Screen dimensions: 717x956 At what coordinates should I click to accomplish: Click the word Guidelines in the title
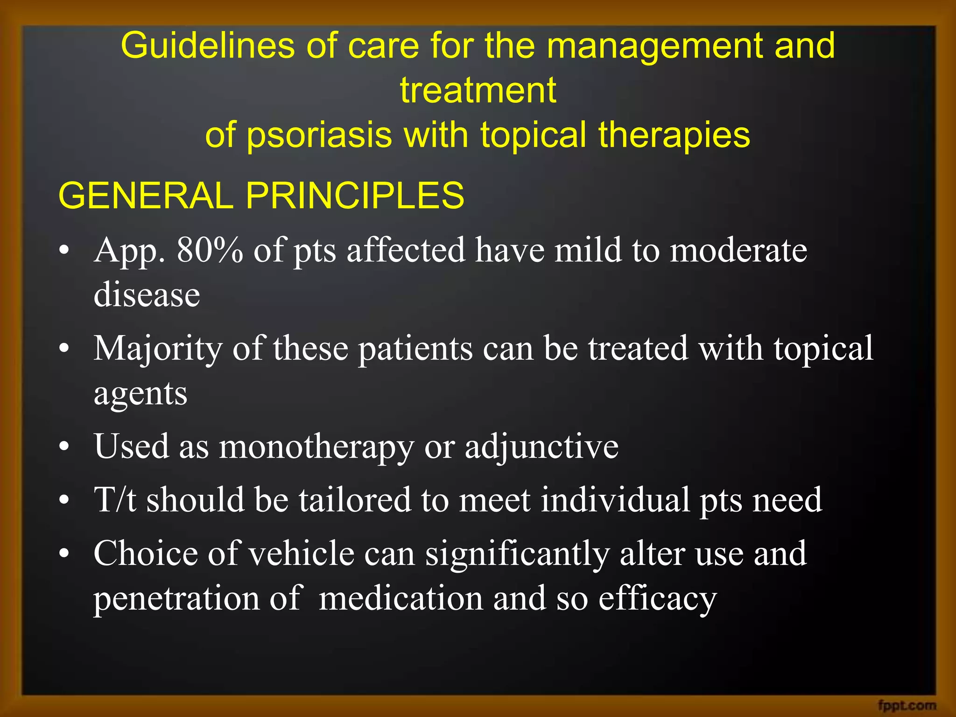[208, 46]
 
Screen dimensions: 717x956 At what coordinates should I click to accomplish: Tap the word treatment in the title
[478, 90]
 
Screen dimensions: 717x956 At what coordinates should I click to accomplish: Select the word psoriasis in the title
[319, 135]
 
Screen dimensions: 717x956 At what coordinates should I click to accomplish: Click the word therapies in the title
[674, 135]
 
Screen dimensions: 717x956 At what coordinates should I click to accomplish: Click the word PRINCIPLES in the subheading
[355, 196]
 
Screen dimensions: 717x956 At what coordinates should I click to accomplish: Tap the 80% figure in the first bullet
[210, 250]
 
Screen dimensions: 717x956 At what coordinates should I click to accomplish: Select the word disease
[147, 295]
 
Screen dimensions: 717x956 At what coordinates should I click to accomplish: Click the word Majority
[158, 349]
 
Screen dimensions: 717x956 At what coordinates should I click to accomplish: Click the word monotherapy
[316, 447]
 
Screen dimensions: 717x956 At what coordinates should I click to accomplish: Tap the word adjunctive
[541, 447]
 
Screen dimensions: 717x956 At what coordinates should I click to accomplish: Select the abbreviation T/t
[115, 500]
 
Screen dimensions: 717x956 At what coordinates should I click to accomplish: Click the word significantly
[517, 554]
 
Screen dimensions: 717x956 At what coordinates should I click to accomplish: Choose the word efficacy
[657, 599]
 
